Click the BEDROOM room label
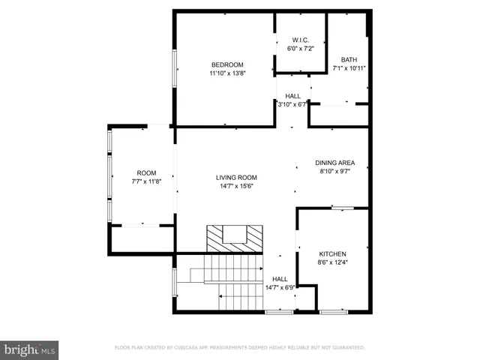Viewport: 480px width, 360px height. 226,64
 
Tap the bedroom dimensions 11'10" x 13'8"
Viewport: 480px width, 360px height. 226,73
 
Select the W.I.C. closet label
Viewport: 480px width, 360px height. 300,39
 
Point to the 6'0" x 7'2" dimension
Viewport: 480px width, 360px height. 300,48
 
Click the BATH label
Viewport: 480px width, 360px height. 349,60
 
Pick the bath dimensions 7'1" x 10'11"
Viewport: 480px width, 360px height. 349,68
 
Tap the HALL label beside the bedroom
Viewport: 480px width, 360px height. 292,96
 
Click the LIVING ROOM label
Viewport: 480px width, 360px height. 235,178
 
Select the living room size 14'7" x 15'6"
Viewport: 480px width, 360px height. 235,186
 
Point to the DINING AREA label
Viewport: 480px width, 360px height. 334,162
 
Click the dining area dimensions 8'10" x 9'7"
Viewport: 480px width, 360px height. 334,170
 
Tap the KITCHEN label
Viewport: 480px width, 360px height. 333,253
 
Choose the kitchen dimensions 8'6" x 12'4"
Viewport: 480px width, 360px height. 333,262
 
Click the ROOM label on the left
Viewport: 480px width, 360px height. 146,172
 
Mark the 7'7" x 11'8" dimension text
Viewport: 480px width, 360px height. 146,181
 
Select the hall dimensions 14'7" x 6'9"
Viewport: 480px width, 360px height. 280,286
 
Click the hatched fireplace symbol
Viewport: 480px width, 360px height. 235,238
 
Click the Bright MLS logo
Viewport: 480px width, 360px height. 30,349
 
